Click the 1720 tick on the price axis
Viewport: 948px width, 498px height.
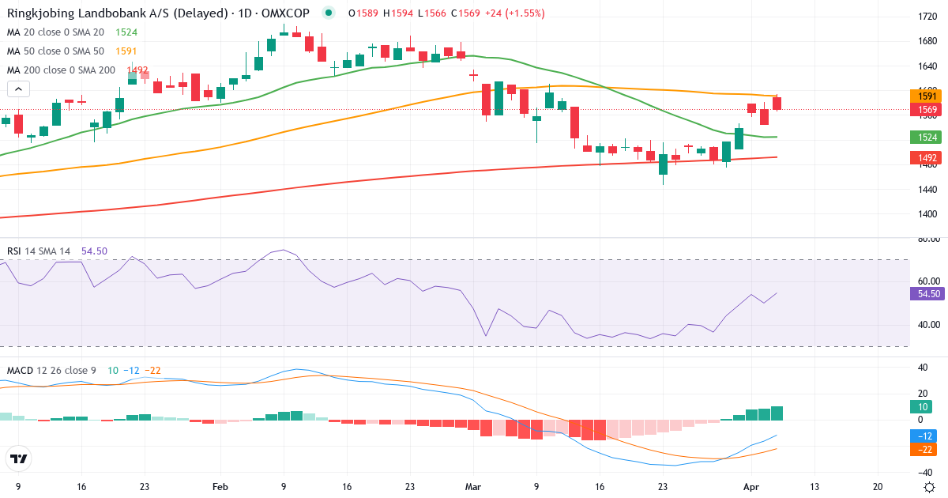(x=927, y=17)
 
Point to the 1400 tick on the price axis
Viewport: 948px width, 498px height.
(x=927, y=214)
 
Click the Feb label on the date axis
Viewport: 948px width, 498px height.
(x=220, y=488)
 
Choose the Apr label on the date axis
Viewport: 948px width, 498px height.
(x=750, y=488)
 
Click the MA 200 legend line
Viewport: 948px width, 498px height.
(x=61, y=70)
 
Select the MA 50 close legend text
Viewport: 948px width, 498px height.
(x=57, y=51)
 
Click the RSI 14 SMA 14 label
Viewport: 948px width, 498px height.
(x=39, y=251)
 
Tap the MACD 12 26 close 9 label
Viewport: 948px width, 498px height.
(x=52, y=370)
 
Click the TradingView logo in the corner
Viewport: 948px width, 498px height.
(x=19, y=458)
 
